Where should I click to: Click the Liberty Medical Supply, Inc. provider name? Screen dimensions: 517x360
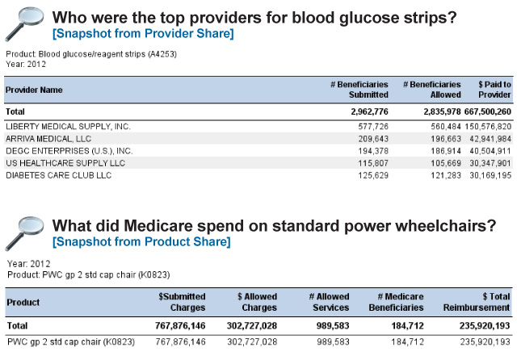click(68, 127)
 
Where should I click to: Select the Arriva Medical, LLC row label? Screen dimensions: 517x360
click(48, 139)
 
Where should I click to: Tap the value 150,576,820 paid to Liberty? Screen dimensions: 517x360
click(488, 127)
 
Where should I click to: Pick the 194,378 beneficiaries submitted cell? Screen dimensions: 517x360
click(373, 151)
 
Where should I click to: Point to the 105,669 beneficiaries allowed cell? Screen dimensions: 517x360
click(446, 163)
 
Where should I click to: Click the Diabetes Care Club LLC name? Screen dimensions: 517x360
click(59, 175)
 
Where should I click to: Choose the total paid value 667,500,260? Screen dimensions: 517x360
click(488, 111)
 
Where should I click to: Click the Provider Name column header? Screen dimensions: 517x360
click(34, 90)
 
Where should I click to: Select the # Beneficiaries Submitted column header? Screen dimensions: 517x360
click(359, 90)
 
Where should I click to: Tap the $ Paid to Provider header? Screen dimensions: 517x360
click(494, 90)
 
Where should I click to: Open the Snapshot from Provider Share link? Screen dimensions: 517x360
click(143, 34)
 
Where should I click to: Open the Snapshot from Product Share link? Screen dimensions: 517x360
click(141, 242)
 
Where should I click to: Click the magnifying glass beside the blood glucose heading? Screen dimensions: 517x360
click(24, 24)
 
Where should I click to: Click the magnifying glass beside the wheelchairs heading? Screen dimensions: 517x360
click(24, 233)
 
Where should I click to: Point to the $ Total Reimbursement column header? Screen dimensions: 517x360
click(477, 302)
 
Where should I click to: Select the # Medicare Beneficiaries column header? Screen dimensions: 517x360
click(396, 302)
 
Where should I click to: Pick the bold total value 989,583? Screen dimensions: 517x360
click(333, 326)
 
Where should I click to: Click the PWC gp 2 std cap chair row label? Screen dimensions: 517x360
click(71, 342)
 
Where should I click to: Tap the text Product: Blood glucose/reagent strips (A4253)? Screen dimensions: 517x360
click(91, 54)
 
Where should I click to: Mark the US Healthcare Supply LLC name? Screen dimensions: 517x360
click(65, 163)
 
